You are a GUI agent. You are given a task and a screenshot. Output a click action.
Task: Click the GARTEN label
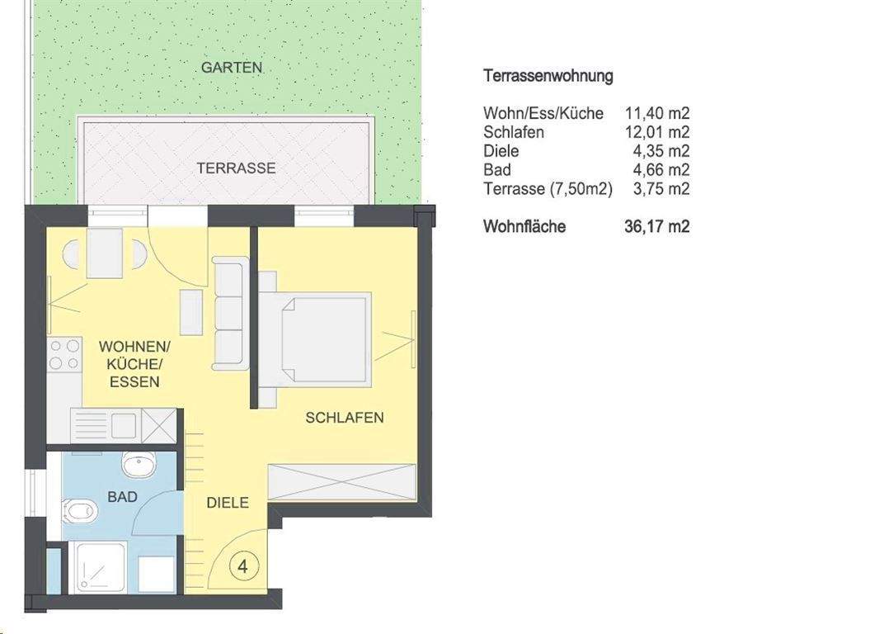point(232,68)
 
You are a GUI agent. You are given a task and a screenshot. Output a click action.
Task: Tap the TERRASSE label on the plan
point(236,168)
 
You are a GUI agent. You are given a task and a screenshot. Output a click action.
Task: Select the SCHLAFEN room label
point(345,418)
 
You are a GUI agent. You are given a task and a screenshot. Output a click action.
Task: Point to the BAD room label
point(122,497)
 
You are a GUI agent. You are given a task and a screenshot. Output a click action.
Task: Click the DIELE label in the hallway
point(228,503)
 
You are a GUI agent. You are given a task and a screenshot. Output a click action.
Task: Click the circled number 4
point(244,567)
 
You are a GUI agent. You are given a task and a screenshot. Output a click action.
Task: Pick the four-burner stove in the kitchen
point(64,354)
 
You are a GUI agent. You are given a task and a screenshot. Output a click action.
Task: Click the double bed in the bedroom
point(322,337)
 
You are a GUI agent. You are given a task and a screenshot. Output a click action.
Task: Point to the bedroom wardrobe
point(341,482)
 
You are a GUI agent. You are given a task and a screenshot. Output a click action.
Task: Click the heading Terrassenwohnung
point(548,76)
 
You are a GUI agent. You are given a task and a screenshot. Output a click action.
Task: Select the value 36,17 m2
point(656,226)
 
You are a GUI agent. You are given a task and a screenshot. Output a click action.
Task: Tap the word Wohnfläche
point(524,226)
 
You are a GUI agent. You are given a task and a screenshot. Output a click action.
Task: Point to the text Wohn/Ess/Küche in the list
point(543,113)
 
